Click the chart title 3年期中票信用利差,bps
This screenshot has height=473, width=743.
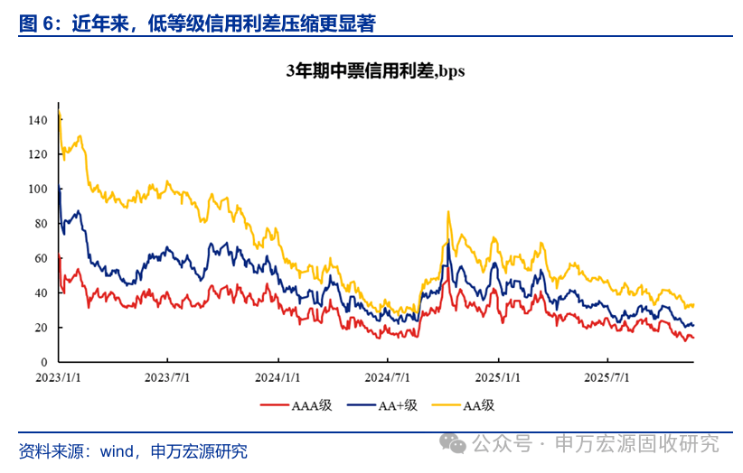[x=375, y=71]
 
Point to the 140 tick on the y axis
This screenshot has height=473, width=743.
[x=37, y=120]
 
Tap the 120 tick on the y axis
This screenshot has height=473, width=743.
[x=37, y=154]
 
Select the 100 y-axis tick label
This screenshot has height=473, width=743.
[x=37, y=190]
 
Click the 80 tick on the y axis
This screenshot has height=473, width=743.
[x=40, y=224]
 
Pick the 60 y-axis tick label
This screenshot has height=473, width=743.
[x=40, y=258]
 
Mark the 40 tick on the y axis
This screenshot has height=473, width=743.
[x=40, y=293]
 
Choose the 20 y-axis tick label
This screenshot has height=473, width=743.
[x=40, y=328]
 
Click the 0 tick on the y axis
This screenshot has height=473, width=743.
[x=42, y=362]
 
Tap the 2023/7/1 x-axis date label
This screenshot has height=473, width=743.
[x=167, y=376]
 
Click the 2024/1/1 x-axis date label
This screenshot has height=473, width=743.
[x=278, y=376]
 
